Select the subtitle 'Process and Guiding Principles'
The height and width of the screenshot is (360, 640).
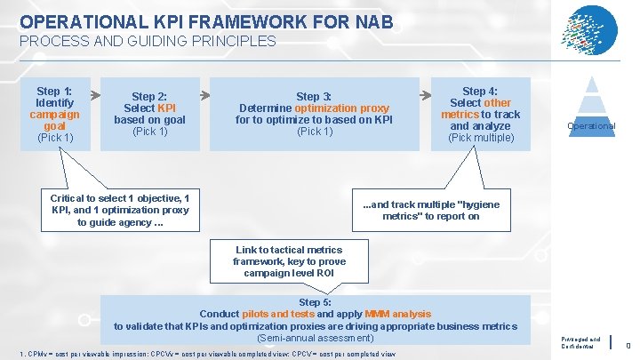pos(148,41)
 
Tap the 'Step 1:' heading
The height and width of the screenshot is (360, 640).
pos(54,91)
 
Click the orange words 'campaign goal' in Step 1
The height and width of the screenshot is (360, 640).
pos(54,120)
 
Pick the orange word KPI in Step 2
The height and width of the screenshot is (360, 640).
pos(166,108)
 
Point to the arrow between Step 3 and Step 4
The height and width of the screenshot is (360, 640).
pos(425,92)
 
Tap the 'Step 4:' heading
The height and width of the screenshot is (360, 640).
pos(481,91)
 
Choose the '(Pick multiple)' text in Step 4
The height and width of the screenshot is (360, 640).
pos(481,137)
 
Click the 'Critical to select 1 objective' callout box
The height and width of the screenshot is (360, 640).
pos(119,210)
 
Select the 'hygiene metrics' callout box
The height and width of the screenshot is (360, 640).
pos(431,210)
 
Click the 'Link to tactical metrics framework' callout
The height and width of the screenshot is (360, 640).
pos(288,261)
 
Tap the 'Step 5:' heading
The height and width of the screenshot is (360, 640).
pos(316,302)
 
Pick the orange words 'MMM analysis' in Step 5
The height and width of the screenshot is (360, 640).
pos(397,314)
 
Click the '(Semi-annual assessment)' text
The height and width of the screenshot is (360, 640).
pos(316,337)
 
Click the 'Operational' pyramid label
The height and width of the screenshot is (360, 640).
pos(591,126)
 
